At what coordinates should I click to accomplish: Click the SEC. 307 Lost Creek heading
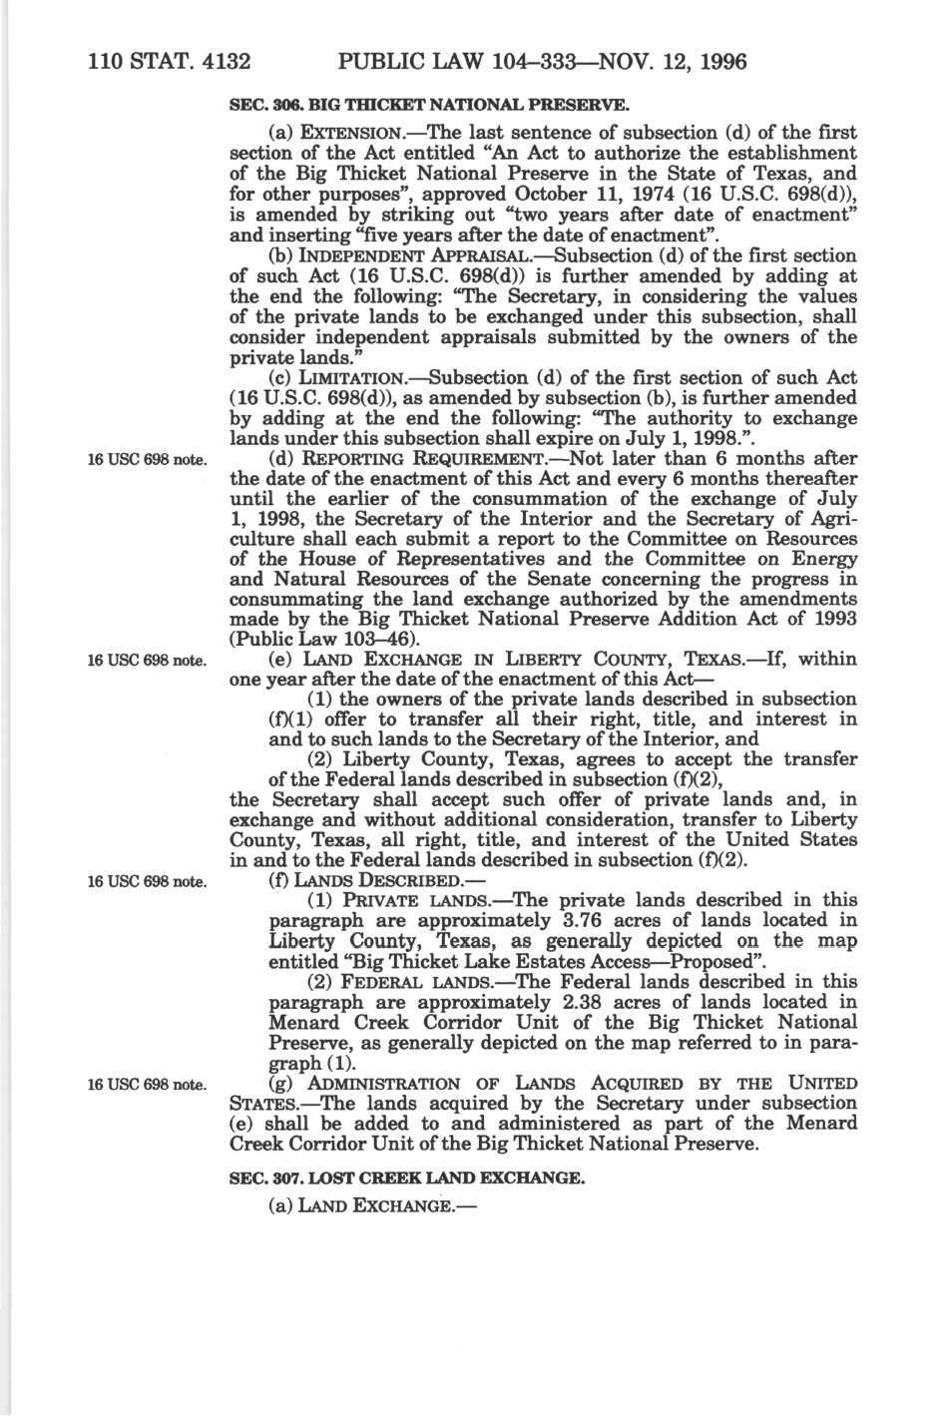tap(406, 1178)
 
